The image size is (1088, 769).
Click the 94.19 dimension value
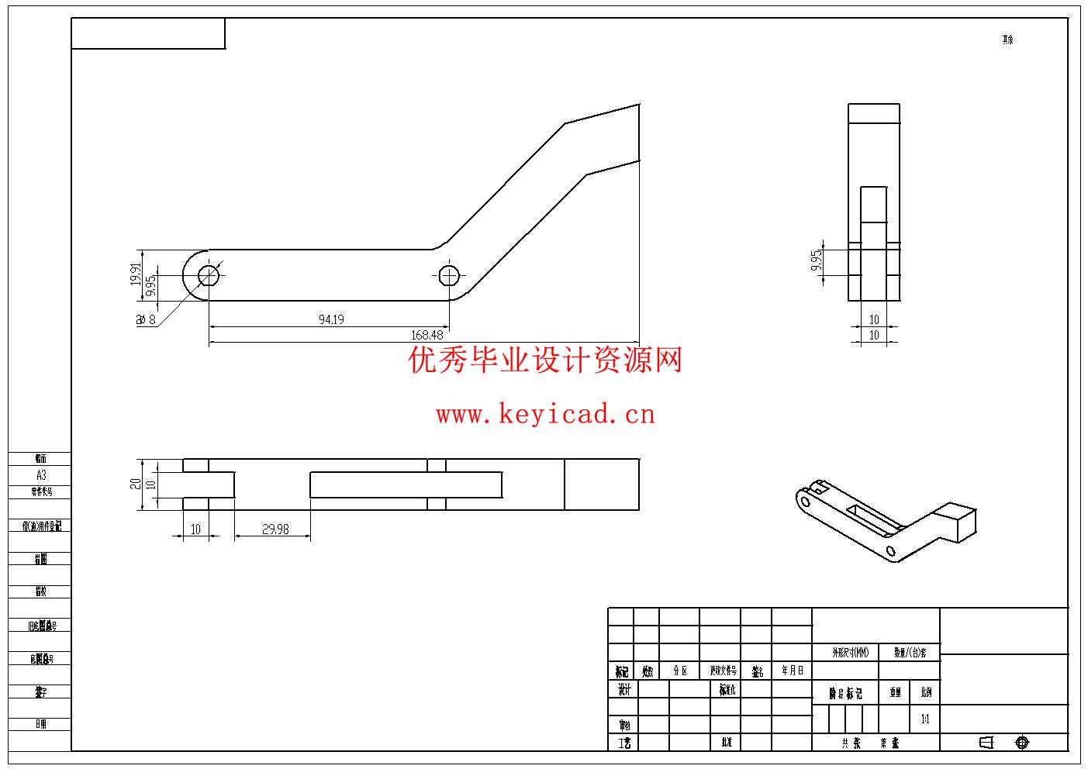(x=331, y=319)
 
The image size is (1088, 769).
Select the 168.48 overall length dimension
(x=427, y=335)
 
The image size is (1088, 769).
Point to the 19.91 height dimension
(x=136, y=275)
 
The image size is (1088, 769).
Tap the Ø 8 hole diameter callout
(x=147, y=319)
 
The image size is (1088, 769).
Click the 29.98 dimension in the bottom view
(x=275, y=529)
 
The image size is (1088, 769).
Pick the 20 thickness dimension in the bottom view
(x=136, y=484)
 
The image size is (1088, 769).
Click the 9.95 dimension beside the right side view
(x=816, y=260)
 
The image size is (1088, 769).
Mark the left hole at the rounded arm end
(x=208, y=275)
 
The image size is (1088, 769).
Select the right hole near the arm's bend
(x=449, y=275)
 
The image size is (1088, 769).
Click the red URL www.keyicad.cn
(x=545, y=415)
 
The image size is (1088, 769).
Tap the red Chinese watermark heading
(x=545, y=360)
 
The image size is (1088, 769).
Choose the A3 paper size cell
(x=41, y=475)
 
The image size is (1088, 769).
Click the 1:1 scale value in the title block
(x=925, y=719)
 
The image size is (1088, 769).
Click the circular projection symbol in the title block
(x=1022, y=743)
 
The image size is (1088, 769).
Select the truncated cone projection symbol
(x=986, y=743)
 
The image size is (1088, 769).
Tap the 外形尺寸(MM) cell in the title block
(x=851, y=653)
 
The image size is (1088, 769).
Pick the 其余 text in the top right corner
(x=1007, y=40)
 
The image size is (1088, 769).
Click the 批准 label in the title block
(x=727, y=743)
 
